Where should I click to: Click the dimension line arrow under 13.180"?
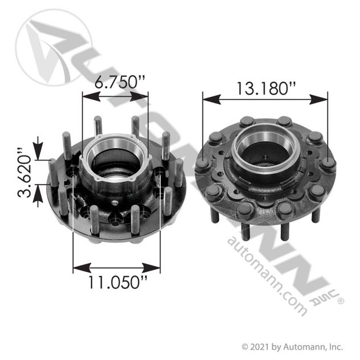pyautogui.click(x=265, y=99)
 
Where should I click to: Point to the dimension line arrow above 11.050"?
pyautogui.click(x=117, y=267)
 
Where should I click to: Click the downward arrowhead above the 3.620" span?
pyautogui.click(x=38, y=152)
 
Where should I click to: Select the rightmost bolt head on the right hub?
pyautogui.click(x=328, y=164)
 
